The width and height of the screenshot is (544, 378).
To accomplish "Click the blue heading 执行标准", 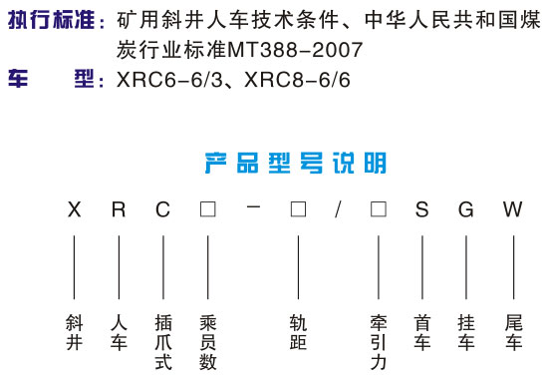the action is (x=52, y=20).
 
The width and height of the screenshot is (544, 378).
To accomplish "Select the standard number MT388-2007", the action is (x=295, y=50).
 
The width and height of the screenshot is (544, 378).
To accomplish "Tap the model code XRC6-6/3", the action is (x=169, y=80).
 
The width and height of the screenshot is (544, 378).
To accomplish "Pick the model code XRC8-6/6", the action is (x=297, y=80).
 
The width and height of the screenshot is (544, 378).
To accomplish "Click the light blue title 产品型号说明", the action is (x=296, y=163).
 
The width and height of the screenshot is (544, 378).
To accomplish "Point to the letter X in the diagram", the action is (x=75, y=209).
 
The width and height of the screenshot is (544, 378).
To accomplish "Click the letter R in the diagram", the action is (x=119, y=209).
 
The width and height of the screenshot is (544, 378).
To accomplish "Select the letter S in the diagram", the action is (x=421, y=209).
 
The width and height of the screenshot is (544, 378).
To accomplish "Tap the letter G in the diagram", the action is (x=466, y=209).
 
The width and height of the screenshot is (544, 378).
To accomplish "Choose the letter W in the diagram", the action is (x=513, y=209).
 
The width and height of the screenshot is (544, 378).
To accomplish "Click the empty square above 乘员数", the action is (x=208, y=209).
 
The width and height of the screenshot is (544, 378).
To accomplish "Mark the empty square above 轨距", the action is (x=298, y=209).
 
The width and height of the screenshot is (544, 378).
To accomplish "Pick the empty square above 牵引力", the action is (x=379, y=209).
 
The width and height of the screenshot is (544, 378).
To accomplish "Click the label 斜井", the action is (x=75, y=332).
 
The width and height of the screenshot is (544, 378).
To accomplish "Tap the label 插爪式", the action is (x=163, y=342).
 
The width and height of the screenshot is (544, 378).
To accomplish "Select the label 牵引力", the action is (x=379, y=342).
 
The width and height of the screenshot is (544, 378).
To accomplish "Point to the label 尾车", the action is (x=513, y=332).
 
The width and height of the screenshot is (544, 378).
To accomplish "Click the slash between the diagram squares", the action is (x=338, y=209).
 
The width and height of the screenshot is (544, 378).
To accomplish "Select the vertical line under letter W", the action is (x=513, y=267).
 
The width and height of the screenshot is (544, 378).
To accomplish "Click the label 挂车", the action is (x=466, y=332).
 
